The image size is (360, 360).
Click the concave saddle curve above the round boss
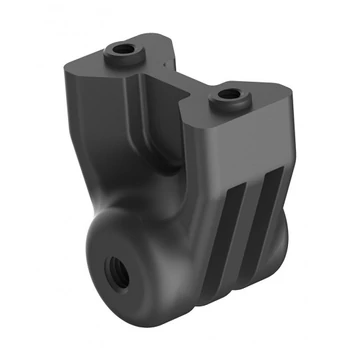click(150, 205)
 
